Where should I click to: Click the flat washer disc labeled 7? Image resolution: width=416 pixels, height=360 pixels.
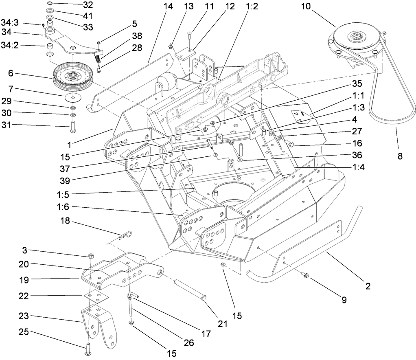(x=72, y=97)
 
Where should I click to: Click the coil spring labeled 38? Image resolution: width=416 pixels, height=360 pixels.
(x=98, y=59)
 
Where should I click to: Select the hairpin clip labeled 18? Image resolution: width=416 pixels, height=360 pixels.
(x=127, y=235)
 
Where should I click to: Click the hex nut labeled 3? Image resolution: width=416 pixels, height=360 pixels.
(x=92, y=256)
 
